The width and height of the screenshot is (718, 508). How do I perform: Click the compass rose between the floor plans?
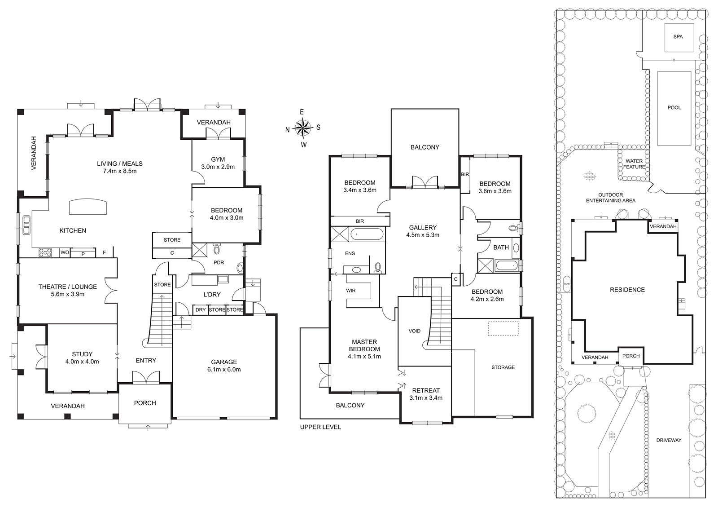(303, 128)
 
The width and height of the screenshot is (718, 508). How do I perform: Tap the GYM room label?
(218, 159)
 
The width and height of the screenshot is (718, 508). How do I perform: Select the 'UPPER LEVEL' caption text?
(320, 427)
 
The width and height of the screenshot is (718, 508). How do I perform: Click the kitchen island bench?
(88, 206)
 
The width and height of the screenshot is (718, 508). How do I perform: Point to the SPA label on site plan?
(678, 36)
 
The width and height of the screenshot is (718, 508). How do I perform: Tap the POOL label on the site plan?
(674, 107)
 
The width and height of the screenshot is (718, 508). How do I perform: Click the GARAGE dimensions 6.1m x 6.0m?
(224, 369)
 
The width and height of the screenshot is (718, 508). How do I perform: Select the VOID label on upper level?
(415, 331)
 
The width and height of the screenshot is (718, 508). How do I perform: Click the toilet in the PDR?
(217, 248)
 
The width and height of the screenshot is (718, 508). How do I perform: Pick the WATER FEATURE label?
(634, 164)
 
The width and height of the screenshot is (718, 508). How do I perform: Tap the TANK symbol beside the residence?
(567, 284)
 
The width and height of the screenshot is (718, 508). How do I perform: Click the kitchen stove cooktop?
(45, 252)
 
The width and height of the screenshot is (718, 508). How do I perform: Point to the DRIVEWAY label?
(668, 440)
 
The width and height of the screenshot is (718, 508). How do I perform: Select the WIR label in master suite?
(350, 291)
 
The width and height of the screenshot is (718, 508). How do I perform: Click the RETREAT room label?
(426, 391)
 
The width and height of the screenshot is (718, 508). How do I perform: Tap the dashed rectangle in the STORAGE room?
(503, 328)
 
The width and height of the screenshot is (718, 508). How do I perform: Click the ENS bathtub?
(367, 234)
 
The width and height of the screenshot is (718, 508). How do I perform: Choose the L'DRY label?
(212, 295)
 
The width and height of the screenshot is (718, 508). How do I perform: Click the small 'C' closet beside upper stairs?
(456, 279)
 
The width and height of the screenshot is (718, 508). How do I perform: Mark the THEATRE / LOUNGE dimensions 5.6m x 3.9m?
(68, 294)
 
